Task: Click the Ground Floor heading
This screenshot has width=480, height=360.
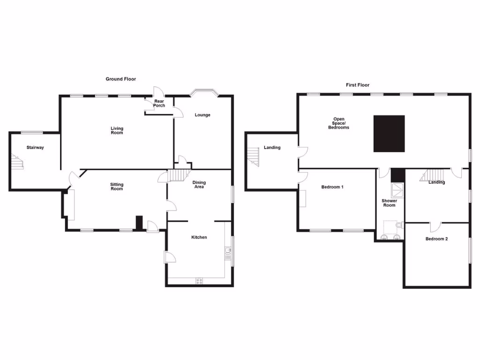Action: [x=120, y=79]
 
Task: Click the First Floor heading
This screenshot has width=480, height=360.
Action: [x=358, y=85]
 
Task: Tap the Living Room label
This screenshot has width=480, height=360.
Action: [x=117, y=130]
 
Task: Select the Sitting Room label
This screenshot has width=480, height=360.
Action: [x=117, y=187]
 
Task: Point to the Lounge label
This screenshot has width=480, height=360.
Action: [x=202, y=115]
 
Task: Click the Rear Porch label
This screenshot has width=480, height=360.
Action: [x=159, y=103]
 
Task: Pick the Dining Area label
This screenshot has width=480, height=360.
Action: [x=199, y=185]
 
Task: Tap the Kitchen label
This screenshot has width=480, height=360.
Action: [x=199, y=237]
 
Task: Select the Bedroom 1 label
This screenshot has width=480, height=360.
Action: [x=332, y=187]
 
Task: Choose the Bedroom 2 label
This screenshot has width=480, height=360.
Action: [x=436, y=239]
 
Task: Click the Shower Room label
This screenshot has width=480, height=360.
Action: [x=389, y=203]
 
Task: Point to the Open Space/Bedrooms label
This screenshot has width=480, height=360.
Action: [x=338, y=123]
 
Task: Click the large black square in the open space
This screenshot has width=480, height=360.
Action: [x=389, y=134]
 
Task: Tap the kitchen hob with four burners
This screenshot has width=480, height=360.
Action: [x=199, y=281]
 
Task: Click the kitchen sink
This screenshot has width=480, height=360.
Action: [x=228, y=254]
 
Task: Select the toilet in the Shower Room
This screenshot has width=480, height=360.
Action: [x=399, y=226]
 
